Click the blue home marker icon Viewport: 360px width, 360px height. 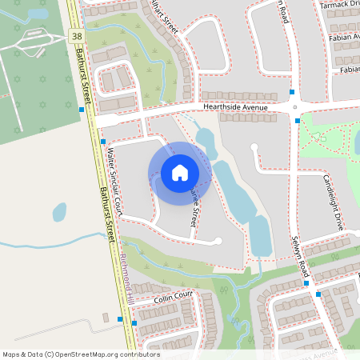tap(180, 173)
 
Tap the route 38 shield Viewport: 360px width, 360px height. tap(76, 37)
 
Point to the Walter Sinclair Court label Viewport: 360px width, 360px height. tap(112, 182)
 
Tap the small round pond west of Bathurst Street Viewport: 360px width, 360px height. tap(59, 212)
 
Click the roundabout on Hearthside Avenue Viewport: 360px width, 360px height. tap(295, 106)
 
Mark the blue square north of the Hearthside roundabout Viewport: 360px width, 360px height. tap(292, 92)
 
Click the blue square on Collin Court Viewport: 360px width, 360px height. tap(134, 322)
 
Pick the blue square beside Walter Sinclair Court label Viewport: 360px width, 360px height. tap(103, 142)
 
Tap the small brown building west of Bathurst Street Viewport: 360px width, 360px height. tap(106, 318)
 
